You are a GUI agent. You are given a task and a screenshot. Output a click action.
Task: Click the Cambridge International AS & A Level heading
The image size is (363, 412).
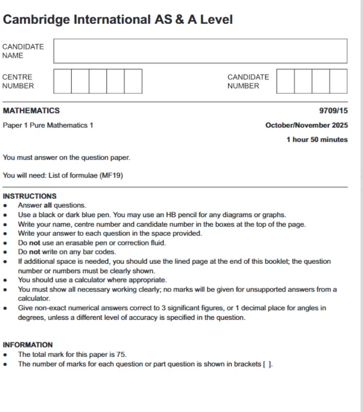118,20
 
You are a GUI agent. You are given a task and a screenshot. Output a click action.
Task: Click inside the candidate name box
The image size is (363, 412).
200,51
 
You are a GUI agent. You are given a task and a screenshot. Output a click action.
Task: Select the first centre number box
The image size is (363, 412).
62,81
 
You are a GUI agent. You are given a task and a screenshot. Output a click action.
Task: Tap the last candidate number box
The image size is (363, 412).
338,81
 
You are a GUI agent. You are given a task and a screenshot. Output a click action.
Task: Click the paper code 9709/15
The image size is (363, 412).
333,111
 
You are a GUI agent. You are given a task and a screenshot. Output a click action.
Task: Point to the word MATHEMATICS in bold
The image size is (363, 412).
31,111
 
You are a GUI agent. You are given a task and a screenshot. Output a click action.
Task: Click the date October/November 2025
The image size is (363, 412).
306,125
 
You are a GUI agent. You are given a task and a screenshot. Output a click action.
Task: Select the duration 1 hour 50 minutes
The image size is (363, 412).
317,140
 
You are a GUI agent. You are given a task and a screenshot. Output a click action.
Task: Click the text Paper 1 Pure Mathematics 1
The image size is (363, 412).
48,125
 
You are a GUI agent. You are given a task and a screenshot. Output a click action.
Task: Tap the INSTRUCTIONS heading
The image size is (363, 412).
30,196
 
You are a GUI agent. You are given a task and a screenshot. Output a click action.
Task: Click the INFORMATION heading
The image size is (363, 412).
28,345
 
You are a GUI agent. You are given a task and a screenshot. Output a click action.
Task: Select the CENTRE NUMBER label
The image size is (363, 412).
18,81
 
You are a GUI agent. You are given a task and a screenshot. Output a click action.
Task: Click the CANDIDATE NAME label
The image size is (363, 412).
23,51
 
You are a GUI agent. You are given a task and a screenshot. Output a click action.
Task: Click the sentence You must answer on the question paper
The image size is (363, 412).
66,158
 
